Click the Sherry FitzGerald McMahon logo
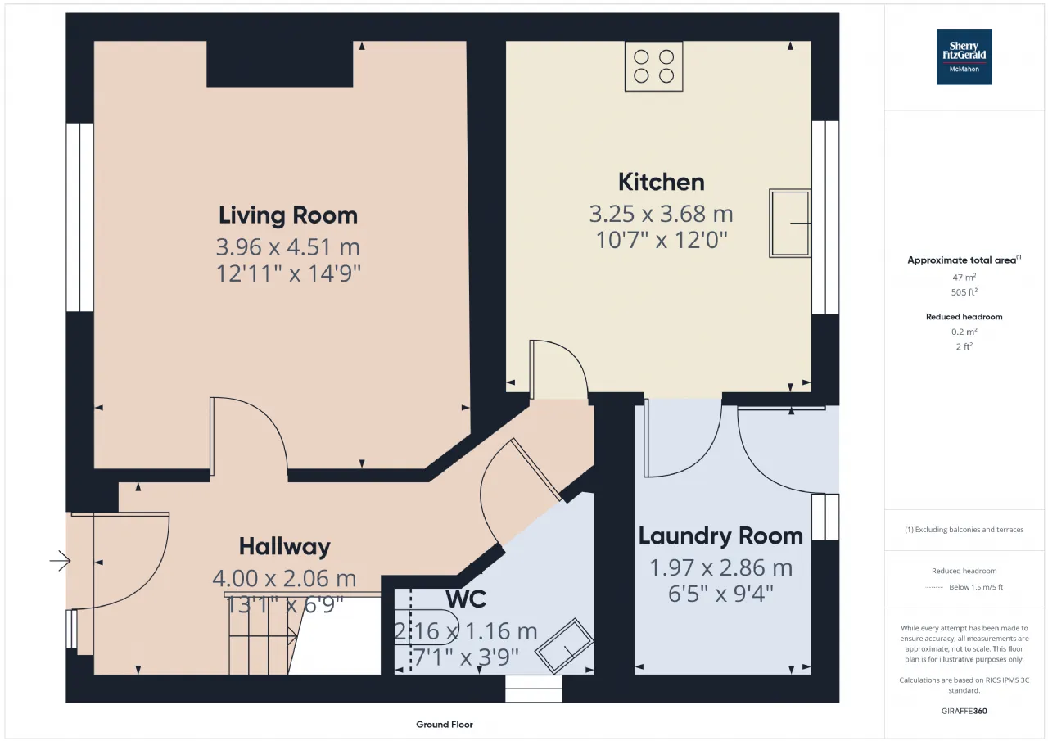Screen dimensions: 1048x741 (x=964, y=57)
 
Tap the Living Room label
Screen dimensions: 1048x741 (x=288, y=215)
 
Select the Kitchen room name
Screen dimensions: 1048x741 (x=661, y=182)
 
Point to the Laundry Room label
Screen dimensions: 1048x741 (x=720, y=536)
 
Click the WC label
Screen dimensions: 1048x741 (x=466, y=599)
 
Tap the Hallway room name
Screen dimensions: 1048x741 (x=284, y=546)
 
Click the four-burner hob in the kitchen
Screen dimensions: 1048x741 (x=653, y=66)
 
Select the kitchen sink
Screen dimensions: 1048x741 (x=790, y=224)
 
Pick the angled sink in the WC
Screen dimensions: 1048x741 (x=564, y=646)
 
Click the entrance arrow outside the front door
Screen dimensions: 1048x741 (x=61, y=560)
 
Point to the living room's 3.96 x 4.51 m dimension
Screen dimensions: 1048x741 (x=287, y=247)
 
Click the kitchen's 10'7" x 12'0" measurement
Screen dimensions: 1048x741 (x=662, y=240)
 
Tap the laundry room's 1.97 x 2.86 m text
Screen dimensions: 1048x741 (x=721, y=568)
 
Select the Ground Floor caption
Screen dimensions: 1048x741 (x=445, y=724)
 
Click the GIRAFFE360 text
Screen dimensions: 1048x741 (x=964, y=711)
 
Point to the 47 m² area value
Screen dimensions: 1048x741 (x=964, y=277)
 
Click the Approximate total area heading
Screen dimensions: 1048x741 (x=964, y=260)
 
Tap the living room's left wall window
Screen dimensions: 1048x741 (x=80, y=217)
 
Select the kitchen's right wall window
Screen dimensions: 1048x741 (x=825, y=218)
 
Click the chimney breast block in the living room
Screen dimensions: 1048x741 (x=280, y=64)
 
